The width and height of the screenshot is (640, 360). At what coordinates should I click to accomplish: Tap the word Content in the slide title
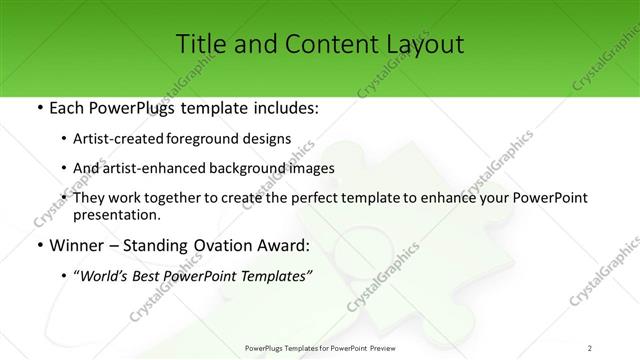click(x=322, y=44)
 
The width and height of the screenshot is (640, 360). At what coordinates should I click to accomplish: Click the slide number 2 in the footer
click(x=590, y=347)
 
